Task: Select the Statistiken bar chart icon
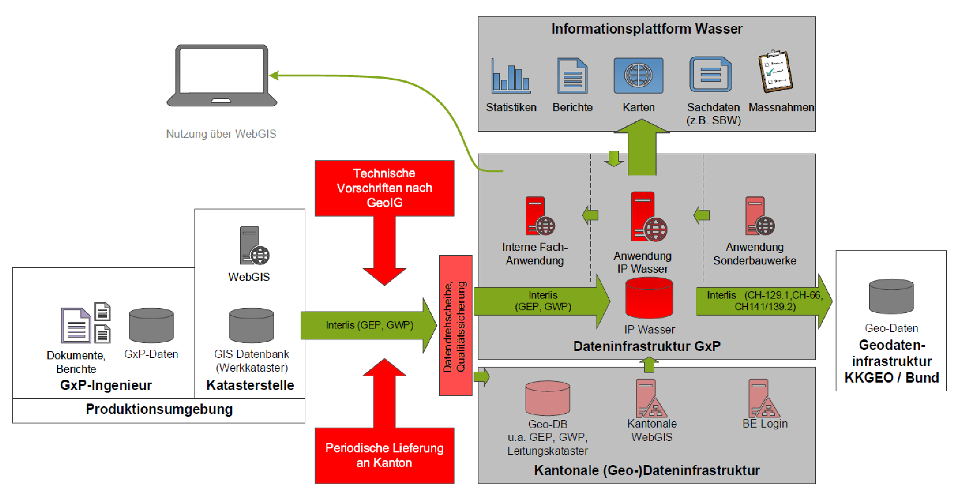point(511,76)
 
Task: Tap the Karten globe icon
point(638,75)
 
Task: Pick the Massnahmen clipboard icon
point(775,71)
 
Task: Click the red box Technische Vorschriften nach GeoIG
point(384,188)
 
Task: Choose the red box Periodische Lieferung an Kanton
point(384,455)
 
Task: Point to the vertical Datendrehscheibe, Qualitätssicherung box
point(455,325)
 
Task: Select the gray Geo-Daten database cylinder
point(891,297)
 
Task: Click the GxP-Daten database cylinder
point(151,325)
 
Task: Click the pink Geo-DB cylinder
point(547,398)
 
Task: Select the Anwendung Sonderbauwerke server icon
point(759,216)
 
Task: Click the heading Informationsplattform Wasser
point(647,29)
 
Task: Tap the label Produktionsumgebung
point(159,409)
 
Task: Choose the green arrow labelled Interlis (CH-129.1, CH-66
point(763,301)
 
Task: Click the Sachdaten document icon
point(710,75)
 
